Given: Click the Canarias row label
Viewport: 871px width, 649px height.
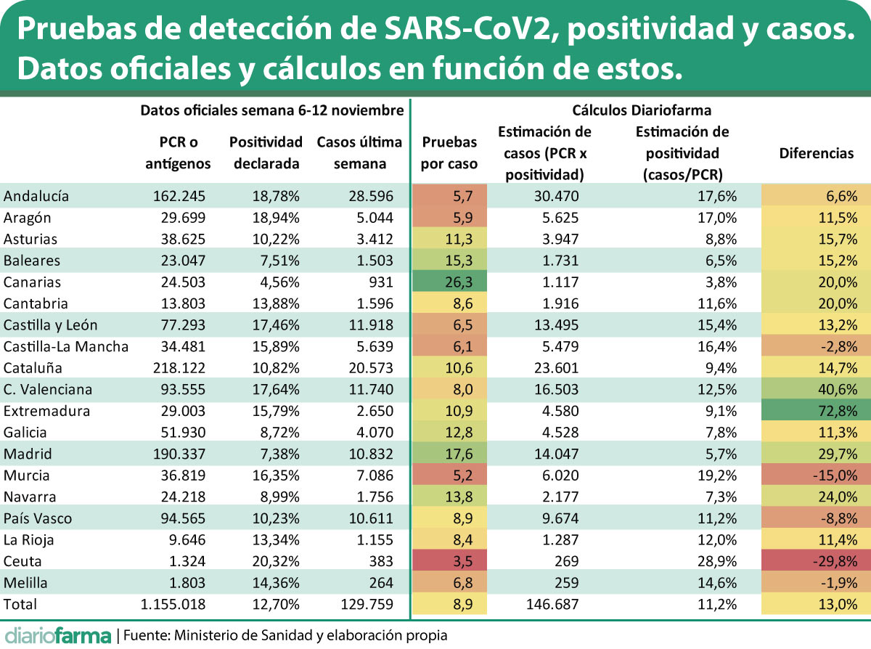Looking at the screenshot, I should (x=32, y=282).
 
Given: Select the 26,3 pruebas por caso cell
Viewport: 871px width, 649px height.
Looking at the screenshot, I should (x=449, y=282).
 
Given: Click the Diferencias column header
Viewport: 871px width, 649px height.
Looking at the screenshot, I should (x=816, y=153).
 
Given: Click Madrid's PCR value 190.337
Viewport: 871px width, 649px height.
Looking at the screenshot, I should (x=179, y=454).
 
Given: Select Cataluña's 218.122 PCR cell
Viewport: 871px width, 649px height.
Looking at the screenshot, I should (x=179, y=368).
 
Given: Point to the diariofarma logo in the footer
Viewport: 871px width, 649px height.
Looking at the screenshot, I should (x=57, y=635).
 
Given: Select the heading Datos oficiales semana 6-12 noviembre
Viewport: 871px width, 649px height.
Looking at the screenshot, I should (x=271, y=110).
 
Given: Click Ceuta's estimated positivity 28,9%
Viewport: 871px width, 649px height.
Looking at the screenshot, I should (x=718, y=561).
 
